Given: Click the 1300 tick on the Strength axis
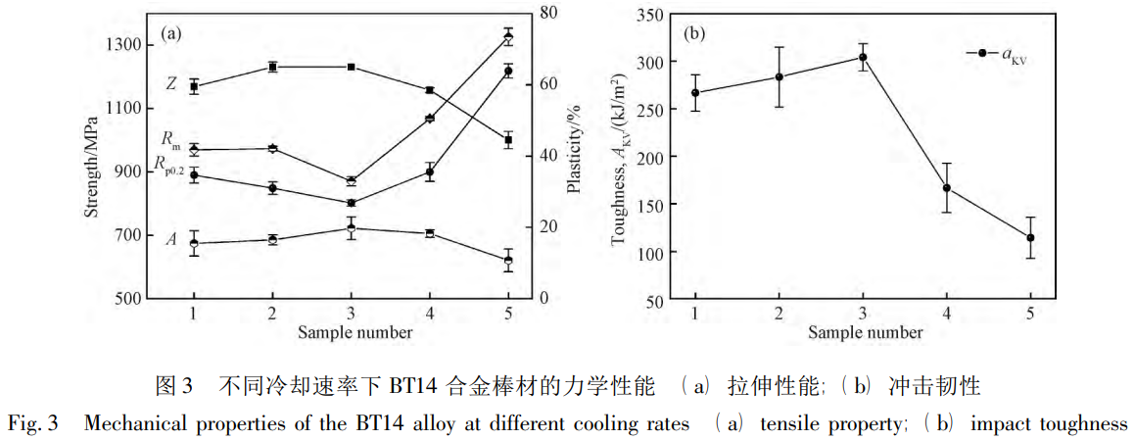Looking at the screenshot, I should pos(127,44).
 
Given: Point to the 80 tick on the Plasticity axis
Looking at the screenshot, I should pos(552,13).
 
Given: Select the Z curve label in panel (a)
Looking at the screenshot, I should pos(171,84).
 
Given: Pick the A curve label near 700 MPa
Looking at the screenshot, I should pos(171,238).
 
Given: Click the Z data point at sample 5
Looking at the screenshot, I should pos(508,140).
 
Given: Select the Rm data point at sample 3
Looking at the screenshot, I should pos(351,181).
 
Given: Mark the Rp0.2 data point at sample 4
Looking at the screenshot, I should pos(429,171).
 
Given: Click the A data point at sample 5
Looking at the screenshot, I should pos(508,260).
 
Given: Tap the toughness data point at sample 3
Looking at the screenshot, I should pos(863,57).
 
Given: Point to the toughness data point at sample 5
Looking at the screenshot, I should pos(1030,237).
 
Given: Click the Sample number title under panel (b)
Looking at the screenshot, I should pos(865,332).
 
